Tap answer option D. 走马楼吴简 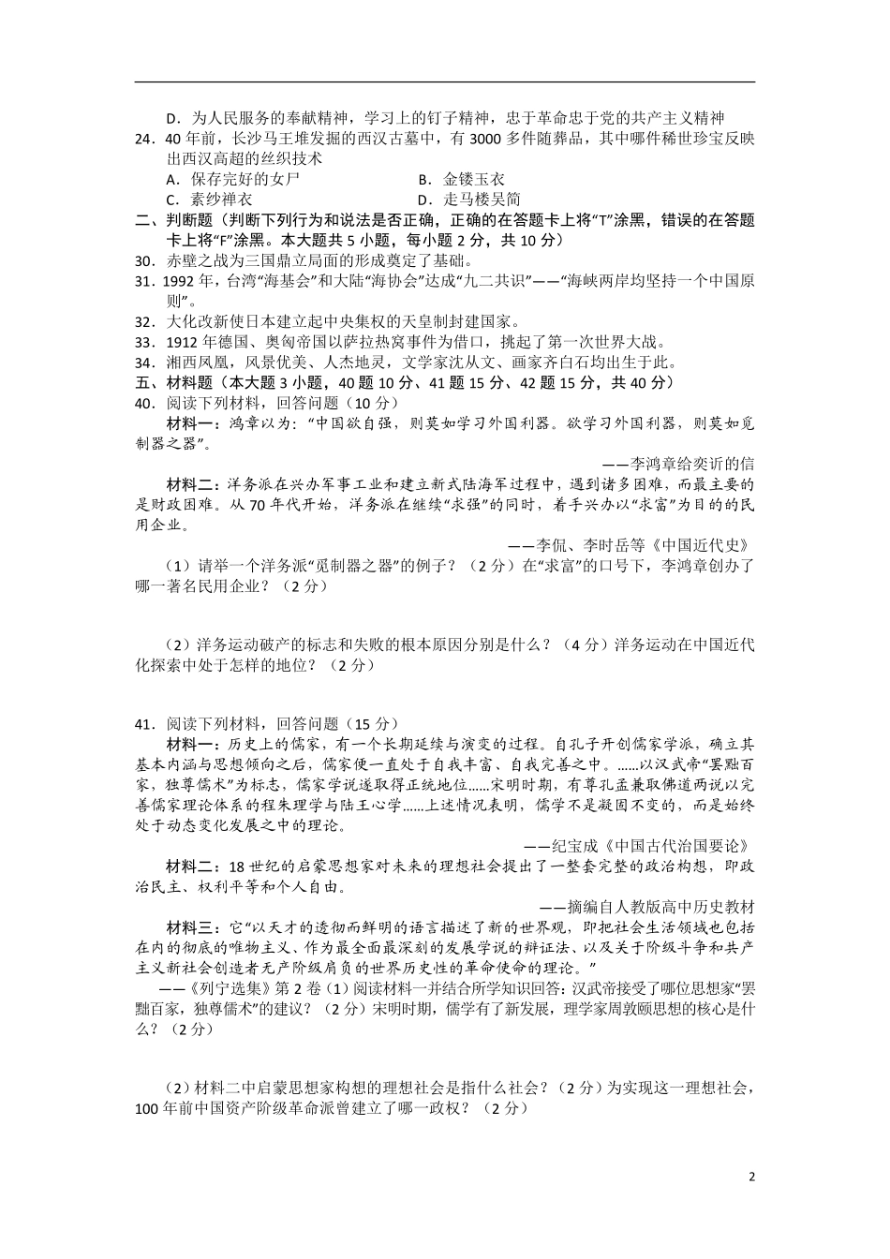(x=468, y=200)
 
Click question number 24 (x=144, y=139)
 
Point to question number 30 (x=144, y=261)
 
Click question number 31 (x=144, y=282)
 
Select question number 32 (x=144, y=322)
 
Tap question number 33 (x=144, y=343)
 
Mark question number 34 (x=144, y=363)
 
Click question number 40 (x=144, y=403)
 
